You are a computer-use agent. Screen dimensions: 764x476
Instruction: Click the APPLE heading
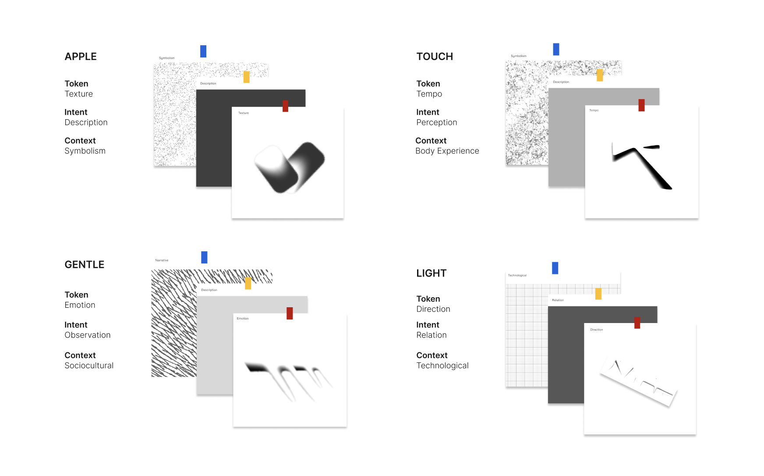(81, 57)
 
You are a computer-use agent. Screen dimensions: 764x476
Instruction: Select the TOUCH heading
(435, 57)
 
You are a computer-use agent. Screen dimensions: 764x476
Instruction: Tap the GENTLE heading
(85, 265)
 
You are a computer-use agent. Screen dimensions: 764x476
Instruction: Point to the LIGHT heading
(432, 274)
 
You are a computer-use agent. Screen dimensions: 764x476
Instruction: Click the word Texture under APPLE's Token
(79, 94)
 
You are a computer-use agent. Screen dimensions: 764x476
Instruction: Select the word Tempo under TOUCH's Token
(429, 94)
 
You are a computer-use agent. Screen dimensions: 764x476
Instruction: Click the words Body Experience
(447, 151)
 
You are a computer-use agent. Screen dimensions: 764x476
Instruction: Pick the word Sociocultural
(89, 366)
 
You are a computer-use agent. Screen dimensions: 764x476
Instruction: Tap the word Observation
(88, 335)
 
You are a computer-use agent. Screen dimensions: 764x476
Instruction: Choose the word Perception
(437, 123)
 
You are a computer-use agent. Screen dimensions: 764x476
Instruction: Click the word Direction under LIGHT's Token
(433, 309)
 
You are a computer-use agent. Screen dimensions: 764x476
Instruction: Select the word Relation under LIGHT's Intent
(432, 335)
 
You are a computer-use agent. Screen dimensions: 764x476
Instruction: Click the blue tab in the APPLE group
(203, 51)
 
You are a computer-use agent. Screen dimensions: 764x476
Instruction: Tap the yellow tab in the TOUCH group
(600, 75)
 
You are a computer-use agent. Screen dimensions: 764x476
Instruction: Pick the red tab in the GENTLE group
(290, 313)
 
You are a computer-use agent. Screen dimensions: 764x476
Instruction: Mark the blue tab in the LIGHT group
(555, 268)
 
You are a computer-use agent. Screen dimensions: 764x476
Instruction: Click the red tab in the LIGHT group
(637, 323)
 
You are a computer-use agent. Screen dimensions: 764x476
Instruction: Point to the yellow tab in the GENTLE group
(248, 283)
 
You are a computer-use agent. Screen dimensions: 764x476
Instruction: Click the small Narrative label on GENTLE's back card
(162, 260)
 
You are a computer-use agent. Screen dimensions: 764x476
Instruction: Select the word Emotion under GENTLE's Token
(80, 305)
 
